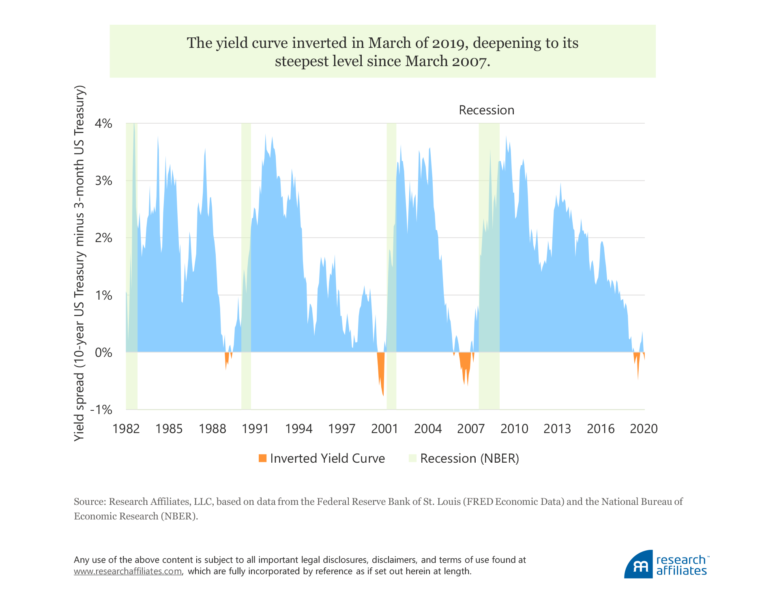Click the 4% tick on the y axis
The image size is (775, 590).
point(103,124)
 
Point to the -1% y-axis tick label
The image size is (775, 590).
point(101,410)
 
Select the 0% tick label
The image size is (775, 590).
point(103,352)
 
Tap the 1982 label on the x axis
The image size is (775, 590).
point(126,429)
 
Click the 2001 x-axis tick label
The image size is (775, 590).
point(384,429)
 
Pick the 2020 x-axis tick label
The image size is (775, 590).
point(644,429)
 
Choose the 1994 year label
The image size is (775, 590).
point(298,429)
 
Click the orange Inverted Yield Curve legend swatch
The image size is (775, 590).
point(262,458)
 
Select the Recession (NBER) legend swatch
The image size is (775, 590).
point(412,458)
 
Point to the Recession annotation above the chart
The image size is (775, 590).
point(486,110)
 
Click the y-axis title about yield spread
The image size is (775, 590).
point(80,264)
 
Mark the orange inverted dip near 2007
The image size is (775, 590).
point(465,367)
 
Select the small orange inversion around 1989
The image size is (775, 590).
point(227,359)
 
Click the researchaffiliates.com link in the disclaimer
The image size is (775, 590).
point(128,571)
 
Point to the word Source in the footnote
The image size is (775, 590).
point(89,502)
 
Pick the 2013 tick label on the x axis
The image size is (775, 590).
point(557,429)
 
